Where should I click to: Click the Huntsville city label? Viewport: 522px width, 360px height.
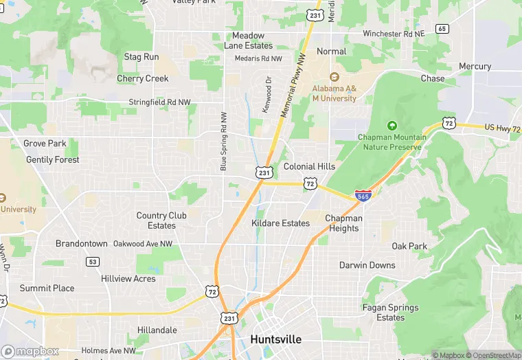click(x=275, y=339)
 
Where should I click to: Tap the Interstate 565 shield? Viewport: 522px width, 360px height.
click(x=363, y=196)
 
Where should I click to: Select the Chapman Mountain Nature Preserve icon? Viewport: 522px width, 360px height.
click(x=392, y=126)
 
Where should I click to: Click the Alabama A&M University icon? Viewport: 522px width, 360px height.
click(x=334, y=77)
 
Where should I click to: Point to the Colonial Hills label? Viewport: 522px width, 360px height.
click(x=309, y=166)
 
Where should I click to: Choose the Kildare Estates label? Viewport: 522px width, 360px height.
click(x=280, y=223)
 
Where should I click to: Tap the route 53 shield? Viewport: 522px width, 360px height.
click(x=93, y=262)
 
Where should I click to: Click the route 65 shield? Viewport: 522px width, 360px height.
click(x=442, y=29)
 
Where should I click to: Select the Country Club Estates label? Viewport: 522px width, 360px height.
click(x=161, y=221)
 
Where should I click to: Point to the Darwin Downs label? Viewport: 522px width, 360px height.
click(x=367, y=265)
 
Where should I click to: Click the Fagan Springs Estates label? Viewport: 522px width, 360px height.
click(x=390, y=313)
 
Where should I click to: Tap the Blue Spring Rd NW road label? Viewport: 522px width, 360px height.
click(x=223, y=141)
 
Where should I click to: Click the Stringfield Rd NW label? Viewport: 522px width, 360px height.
click(x=160, y=102)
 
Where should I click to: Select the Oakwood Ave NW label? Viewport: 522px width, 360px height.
click(x=143, y=243)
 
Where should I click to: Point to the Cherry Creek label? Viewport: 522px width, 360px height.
click(x=142, y=78)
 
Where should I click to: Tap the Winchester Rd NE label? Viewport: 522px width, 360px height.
click(x=394, y=33)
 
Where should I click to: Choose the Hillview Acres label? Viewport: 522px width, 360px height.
click(x=128, y=279)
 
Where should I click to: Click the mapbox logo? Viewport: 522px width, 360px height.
click(x=30, y=351)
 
